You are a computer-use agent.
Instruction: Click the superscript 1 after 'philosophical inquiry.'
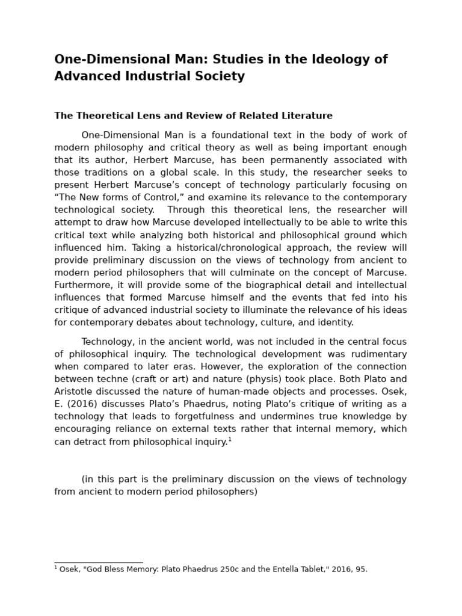230,439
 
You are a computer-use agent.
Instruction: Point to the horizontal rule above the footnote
98,562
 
